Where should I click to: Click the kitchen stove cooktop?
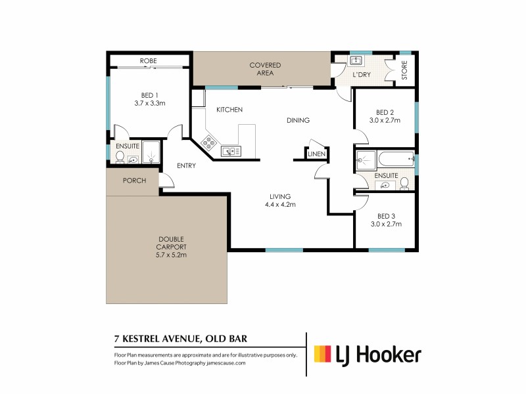(210, 142)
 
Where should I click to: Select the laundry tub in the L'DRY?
(356, 61)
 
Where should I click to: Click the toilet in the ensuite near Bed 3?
(405, 183)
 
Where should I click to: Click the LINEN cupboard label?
(317, 154)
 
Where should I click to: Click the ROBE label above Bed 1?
(148, 61)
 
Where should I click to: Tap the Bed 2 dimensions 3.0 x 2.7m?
(385, 120)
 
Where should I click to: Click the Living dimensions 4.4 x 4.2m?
(280, 204)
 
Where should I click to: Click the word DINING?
(297, 120)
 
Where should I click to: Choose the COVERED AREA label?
(265, 69)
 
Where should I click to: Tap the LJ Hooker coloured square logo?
(322, 355)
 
